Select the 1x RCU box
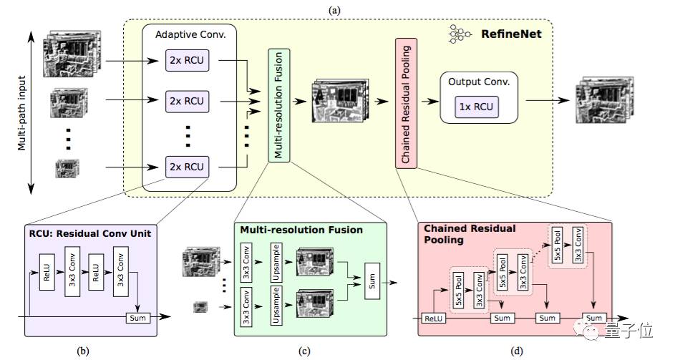(x=476, y=107)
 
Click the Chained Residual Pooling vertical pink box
(x=406, y=104)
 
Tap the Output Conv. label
(x=478, y=81)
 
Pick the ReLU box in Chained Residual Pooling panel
(x=434, y=318)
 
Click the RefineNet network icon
(x=459, y=33)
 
